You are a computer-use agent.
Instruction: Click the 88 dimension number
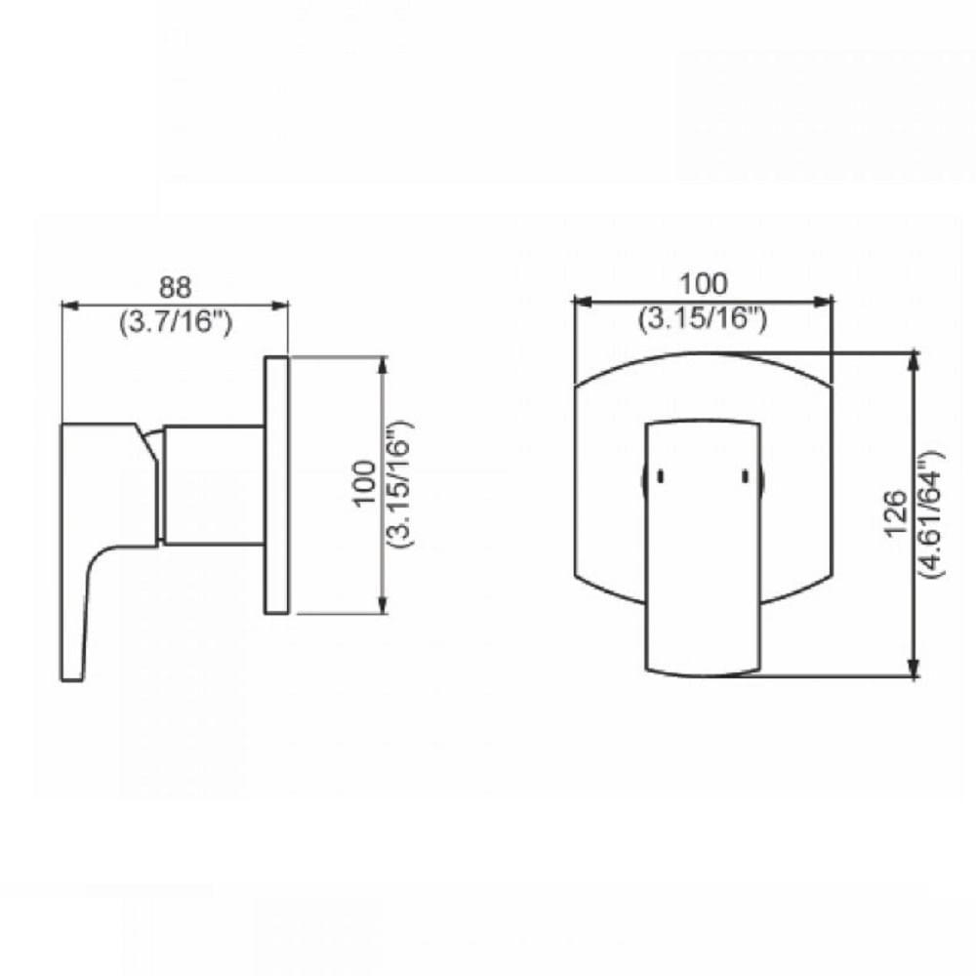click(176, 289)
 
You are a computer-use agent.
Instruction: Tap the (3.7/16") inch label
click(176, 321)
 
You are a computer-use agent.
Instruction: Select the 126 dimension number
click(899, 511)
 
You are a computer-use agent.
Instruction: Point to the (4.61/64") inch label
click(929, 511)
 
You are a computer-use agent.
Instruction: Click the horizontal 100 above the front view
click(704, 284)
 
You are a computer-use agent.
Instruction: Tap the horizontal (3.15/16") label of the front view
click(704, 317)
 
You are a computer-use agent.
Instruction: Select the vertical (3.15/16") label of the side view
click(399, 483)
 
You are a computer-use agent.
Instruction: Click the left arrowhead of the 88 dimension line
click(69, 305)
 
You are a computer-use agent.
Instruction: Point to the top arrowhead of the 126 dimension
click(914, 361)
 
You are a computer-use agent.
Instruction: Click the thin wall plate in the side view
click(276, 485)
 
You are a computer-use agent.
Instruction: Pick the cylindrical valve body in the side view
click(213, 485)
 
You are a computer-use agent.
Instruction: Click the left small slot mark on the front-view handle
click(660, 476)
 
